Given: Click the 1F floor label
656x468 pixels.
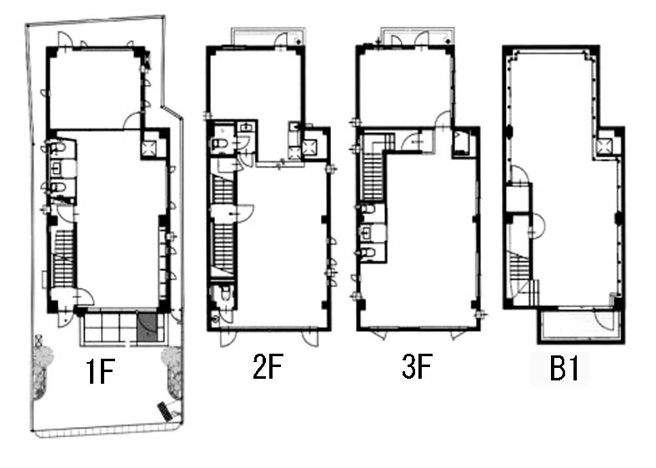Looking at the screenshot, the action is (100, 372).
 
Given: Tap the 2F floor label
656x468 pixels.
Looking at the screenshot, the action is (268, 367).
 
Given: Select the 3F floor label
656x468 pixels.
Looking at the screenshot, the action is (417, 366).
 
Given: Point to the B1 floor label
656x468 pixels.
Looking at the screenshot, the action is (564, 369).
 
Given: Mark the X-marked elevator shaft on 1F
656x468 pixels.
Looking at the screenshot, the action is (149, 148).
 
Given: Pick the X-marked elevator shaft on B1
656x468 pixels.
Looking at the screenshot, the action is (605, 146).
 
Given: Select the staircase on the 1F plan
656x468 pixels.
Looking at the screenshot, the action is (64, 259).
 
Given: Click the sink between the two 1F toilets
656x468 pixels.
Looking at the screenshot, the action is (58, 169).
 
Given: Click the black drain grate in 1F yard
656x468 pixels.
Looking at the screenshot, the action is (165, 410).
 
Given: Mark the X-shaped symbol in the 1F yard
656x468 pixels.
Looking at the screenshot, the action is (39, 339).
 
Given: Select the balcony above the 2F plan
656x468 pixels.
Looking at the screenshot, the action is (268, 37).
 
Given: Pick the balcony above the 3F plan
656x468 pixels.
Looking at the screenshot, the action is (417, 36).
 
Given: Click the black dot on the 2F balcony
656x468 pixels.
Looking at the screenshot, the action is (298, 40).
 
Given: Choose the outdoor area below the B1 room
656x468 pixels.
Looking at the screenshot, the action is (579, 326).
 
